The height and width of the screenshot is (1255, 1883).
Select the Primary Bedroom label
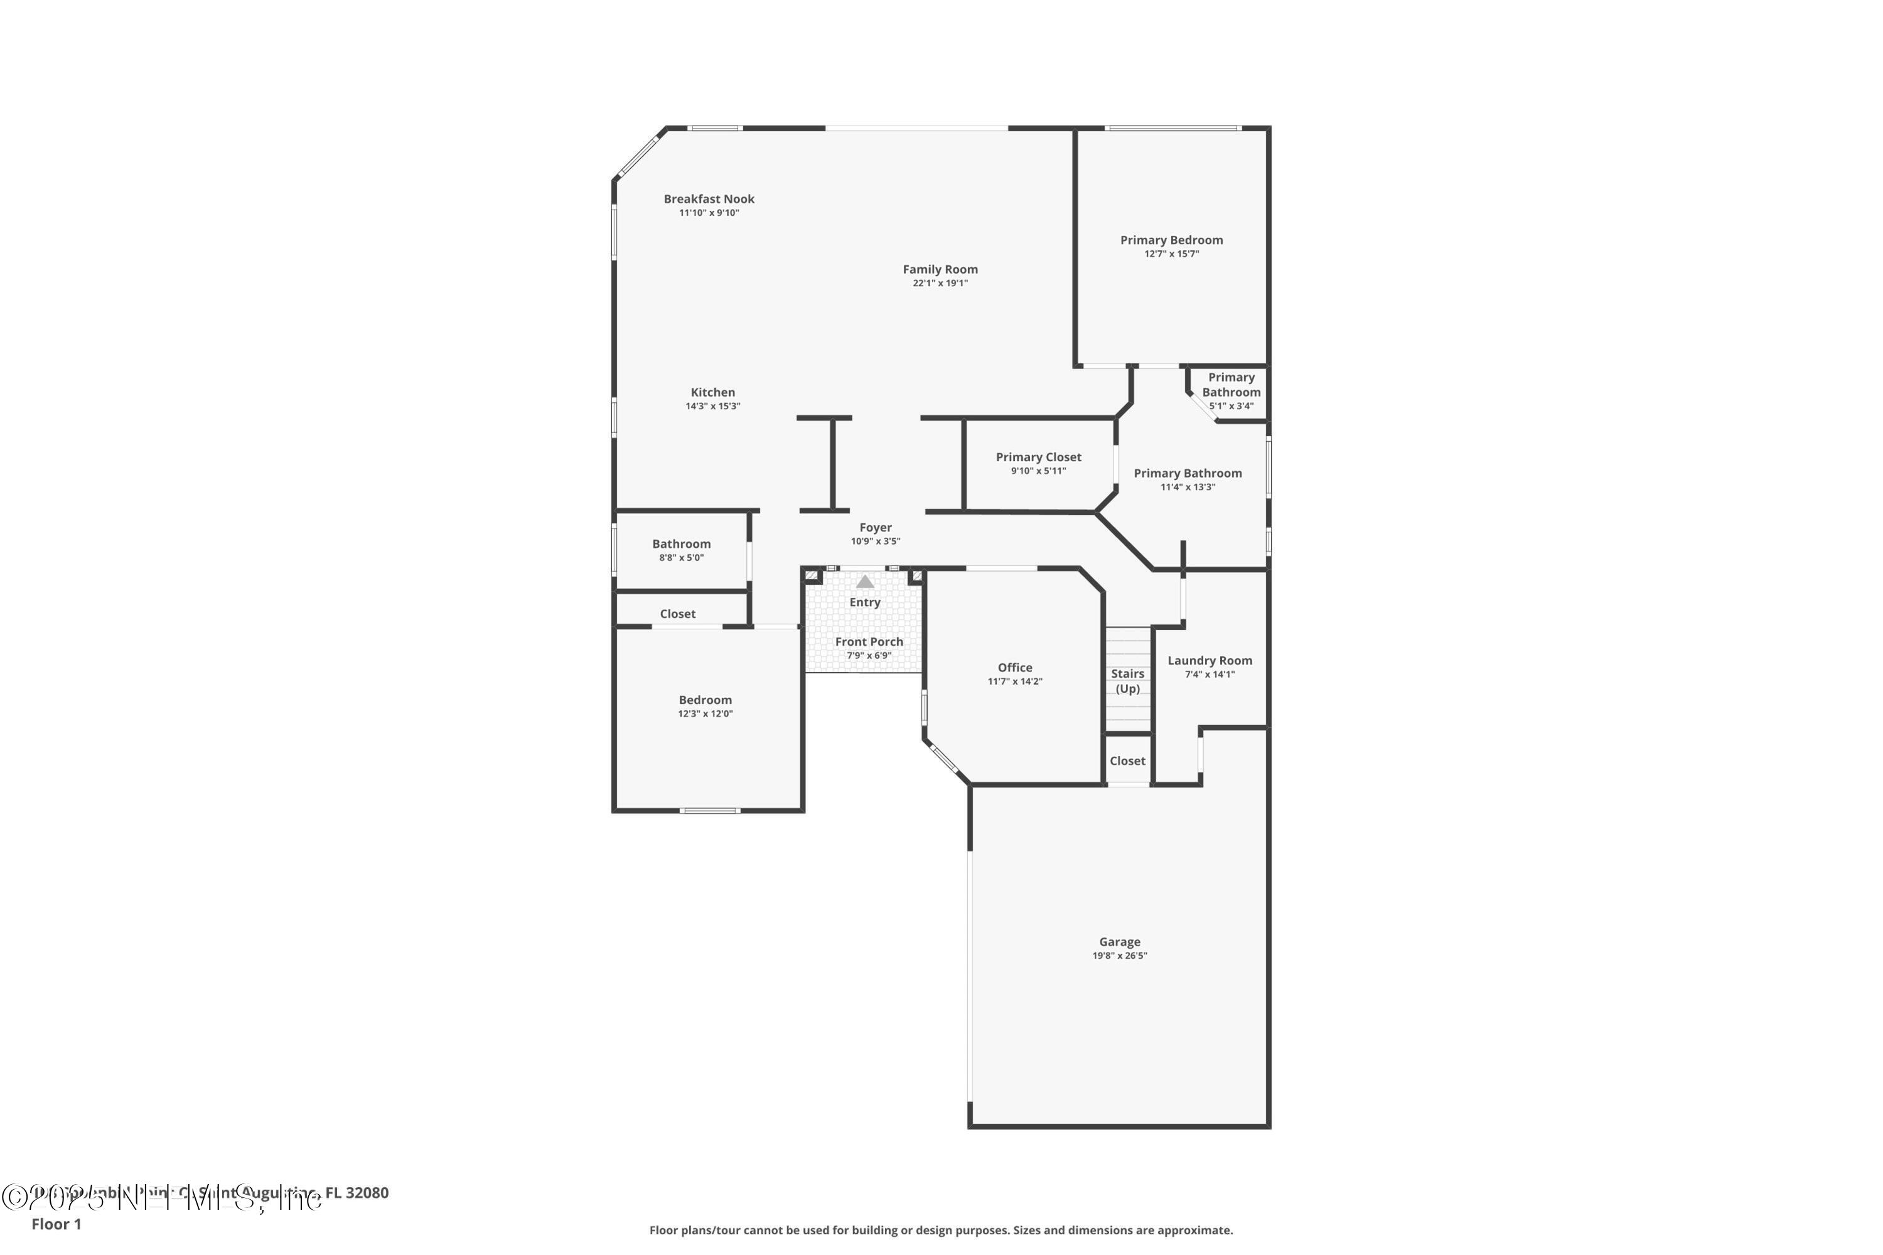[1171, 240]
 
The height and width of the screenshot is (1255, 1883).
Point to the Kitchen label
[712, 392]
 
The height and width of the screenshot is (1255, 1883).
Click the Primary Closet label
[1038, 457]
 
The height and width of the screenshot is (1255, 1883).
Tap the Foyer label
[875, 528]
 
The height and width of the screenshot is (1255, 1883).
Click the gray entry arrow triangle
[865, 582]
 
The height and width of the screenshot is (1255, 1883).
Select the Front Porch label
[869, 642]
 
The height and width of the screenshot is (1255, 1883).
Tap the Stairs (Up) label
[1127, 681]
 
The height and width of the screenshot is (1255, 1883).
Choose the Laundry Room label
[1209, 660]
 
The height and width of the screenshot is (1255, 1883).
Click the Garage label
[1119, 942]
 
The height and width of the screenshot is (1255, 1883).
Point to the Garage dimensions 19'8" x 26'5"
[1119, 956]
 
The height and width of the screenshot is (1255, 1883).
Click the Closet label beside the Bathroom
[677, 614]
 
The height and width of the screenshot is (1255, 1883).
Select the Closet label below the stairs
[1127, 761]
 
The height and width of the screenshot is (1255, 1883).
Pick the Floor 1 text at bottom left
[56, 1224]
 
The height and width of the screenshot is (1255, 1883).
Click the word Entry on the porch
[865, 602]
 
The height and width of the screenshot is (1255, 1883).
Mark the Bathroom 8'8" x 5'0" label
[680, 550]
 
